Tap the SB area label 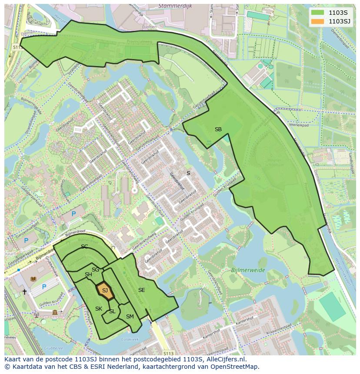pos(218,129)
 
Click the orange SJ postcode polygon pos(105,291)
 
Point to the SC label pos(84,247)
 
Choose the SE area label pos(142,290)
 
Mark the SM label pos(130,317)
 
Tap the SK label pos(99,309)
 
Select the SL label pos(112,311)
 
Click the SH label pos(88,275)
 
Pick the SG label pos(95,270)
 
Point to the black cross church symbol pos(24,292)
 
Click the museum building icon pos(55,312)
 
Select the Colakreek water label pos(129,340)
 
